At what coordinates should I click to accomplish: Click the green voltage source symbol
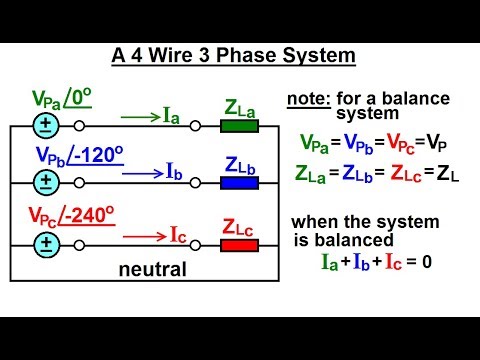point(45,127)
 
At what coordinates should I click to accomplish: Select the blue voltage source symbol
point(45,182)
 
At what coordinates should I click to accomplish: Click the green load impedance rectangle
point(239,127)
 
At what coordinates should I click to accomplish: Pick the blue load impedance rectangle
point(239,182)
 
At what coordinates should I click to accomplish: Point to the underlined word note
point(307,99)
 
